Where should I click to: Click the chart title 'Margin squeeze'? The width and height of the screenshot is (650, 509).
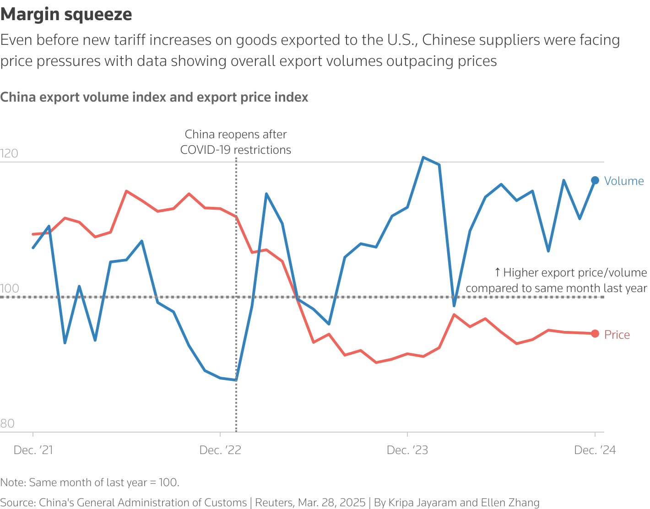pos(66,15)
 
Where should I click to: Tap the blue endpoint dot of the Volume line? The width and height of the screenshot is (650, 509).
pos(595,180)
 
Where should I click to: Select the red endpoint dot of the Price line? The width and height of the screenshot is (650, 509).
pos(595,334)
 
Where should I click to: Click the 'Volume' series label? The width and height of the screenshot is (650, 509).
pos(623,181)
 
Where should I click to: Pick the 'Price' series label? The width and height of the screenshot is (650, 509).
pos(617,335)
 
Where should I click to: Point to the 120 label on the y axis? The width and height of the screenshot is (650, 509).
pos(10,153)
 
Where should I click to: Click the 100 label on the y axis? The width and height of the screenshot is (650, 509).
pos(10,288)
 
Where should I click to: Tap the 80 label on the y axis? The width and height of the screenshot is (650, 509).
pos(8,423)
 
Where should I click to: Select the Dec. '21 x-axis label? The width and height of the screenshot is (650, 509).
pos(33,450)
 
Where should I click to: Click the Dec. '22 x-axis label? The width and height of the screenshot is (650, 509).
pos(220,450)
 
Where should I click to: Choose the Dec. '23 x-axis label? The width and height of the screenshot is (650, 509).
pos(407,450)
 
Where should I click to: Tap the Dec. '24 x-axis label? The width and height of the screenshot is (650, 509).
pos(595,450)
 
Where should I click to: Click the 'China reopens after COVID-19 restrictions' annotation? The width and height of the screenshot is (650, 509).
pos(236,142)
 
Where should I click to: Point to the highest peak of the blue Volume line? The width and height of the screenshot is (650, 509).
pos(423,157)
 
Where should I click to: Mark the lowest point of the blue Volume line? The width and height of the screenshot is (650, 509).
pos(236,380)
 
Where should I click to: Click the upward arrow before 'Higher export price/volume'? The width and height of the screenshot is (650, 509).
pos(498,273)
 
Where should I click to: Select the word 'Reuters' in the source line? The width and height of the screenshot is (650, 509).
pos(274,503)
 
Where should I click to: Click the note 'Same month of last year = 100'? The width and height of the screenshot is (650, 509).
pos(90,482)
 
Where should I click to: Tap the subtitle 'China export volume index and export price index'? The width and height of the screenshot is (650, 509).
pos(154,97)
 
